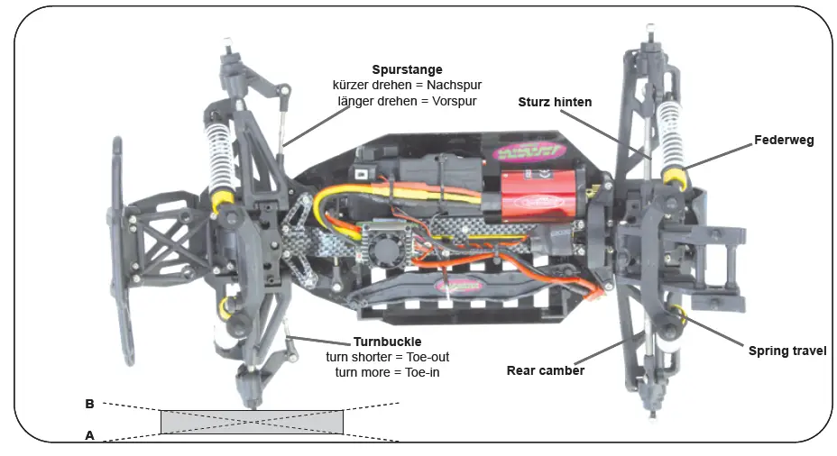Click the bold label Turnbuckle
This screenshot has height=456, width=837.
coord(386,342)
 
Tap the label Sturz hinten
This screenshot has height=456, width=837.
coord(555,102)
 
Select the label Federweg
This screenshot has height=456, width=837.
coord(784,141)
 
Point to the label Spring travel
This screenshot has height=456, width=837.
coord(786,351)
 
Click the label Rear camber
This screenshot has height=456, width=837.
coord(546,370)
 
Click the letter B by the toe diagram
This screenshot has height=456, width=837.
coord(89,405)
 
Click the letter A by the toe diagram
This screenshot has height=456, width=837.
coord(89,434)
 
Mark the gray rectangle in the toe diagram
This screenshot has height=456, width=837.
coord(252,421)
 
